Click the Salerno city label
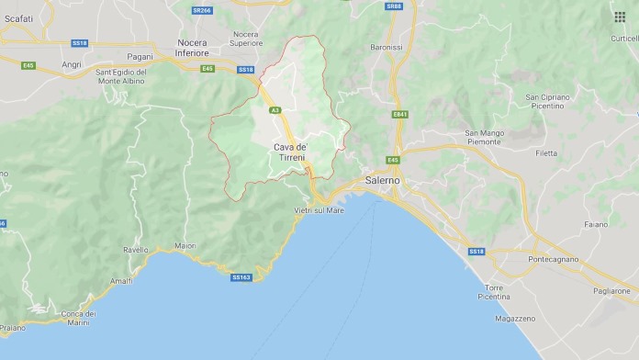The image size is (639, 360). click(x=383, y=181)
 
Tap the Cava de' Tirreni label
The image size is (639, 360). click(x=291, y=152)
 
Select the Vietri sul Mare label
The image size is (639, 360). click(x=319, y=211)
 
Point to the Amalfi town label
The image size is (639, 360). click(x=121, y=281)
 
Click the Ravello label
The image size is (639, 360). click(x=136, y=249)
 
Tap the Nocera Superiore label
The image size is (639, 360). click(x=245, y=38)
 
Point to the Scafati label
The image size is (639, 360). click(x=19, y=18)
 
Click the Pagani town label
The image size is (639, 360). click(x=140, y=57)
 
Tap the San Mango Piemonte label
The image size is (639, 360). click(x=484, y=138)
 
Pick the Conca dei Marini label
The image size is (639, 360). click(x=79, y=317)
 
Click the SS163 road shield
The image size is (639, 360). click(x=241, y=276)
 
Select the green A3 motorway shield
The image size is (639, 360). click(x=275, y=110)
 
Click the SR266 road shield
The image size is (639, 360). click(x=202, y=10)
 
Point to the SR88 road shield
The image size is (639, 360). click(x=394, y=6)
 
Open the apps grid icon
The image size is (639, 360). click(x=620, y=17)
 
